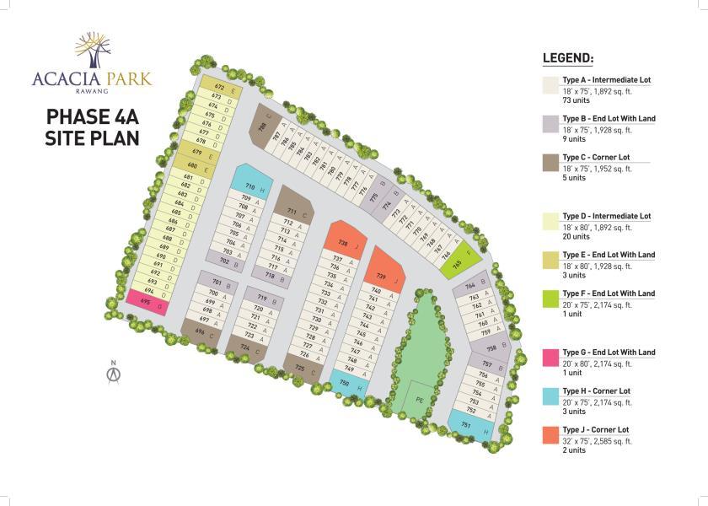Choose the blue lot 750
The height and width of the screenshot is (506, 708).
click(346, 384)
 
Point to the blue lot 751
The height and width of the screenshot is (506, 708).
click(468, 425)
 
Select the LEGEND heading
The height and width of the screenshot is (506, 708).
click(567, 59)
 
